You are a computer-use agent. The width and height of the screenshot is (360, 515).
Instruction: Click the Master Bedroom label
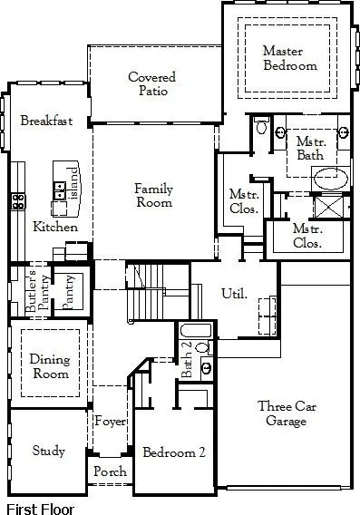289,58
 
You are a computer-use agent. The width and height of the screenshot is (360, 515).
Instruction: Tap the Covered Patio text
151,85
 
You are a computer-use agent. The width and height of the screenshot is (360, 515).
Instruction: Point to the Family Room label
153,196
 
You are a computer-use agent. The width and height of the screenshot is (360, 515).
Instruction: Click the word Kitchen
55,227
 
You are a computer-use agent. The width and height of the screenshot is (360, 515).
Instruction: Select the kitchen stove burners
16,201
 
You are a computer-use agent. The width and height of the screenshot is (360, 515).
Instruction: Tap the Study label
48,451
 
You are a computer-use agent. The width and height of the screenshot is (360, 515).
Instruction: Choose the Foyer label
110,422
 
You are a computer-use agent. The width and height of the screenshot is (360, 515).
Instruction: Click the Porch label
110,472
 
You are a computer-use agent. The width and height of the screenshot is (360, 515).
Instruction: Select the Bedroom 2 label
174,452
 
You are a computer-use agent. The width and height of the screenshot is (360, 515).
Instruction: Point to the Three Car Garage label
287,413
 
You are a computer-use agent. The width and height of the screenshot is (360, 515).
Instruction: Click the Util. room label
234,294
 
